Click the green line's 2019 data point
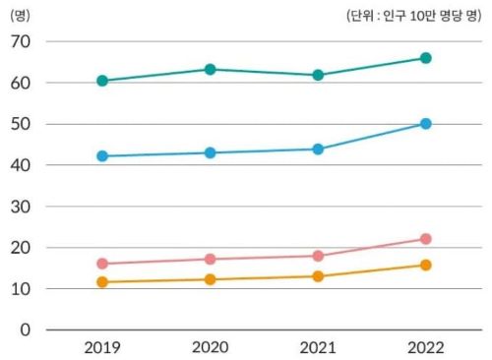pos(102,81)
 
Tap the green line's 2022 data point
pos(425,58)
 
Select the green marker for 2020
pos(210,69)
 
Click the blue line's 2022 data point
pos(425,124)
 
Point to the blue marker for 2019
pos(102,156)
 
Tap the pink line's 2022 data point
pos(425,239)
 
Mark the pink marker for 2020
pos(210,260)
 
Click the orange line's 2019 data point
pos(102,282)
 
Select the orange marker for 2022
pos(425,266)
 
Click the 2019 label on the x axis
pos(102,347)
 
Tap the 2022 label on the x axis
pos(425,347)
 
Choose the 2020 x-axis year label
pos(210,347)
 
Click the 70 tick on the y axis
pos(21,41)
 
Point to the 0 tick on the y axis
pos(27,330)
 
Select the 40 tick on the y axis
pos(21,165)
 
